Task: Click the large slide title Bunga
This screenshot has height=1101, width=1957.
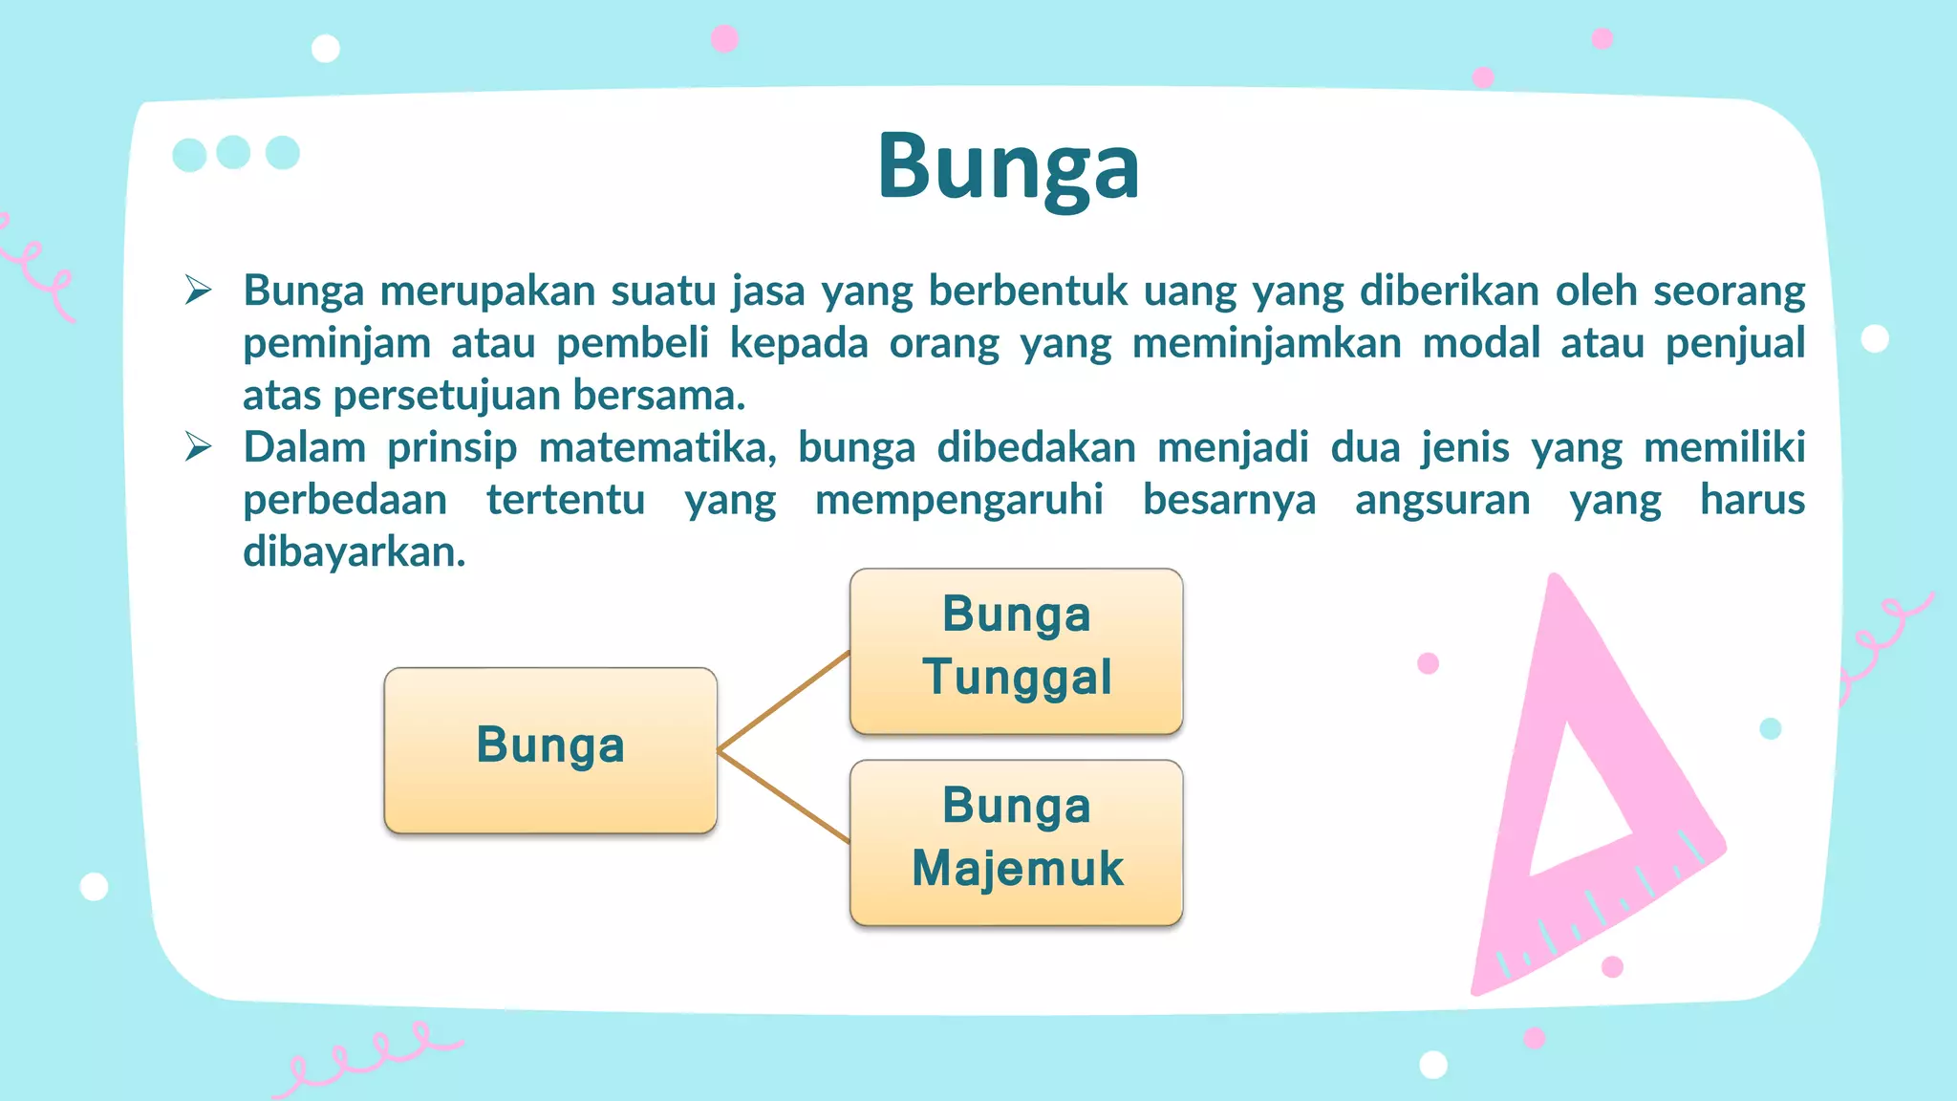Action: (x=1008, y=167)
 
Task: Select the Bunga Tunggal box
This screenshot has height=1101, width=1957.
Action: (x=1016, y=651)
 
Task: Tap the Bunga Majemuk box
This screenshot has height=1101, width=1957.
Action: (x=1016, y=842)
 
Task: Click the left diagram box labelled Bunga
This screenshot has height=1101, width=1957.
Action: (x=550, y=749)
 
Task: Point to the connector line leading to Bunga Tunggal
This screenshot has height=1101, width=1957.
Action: (x=784, y=701)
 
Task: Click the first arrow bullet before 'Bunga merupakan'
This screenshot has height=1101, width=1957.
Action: (x=198, y=290)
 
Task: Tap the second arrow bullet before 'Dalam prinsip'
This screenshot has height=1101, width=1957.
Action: (x=198, y=446)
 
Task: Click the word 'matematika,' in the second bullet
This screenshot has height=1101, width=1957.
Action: (x=657, y=447)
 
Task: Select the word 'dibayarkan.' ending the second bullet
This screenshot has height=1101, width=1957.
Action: (x=354, y=552)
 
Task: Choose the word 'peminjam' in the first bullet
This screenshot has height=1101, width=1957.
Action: (x=336, y=343)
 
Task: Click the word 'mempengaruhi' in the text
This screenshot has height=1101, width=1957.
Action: (x=958, y=500)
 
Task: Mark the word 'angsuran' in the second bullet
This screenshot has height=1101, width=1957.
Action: (x=1442, y=500)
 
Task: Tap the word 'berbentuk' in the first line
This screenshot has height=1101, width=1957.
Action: (x=1027, y=291)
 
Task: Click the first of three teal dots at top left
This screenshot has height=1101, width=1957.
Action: (x=189, y=155)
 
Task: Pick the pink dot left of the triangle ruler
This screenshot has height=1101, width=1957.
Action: (x=1428, y=663)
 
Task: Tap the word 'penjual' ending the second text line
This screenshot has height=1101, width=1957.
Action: (x=1734, y=343)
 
